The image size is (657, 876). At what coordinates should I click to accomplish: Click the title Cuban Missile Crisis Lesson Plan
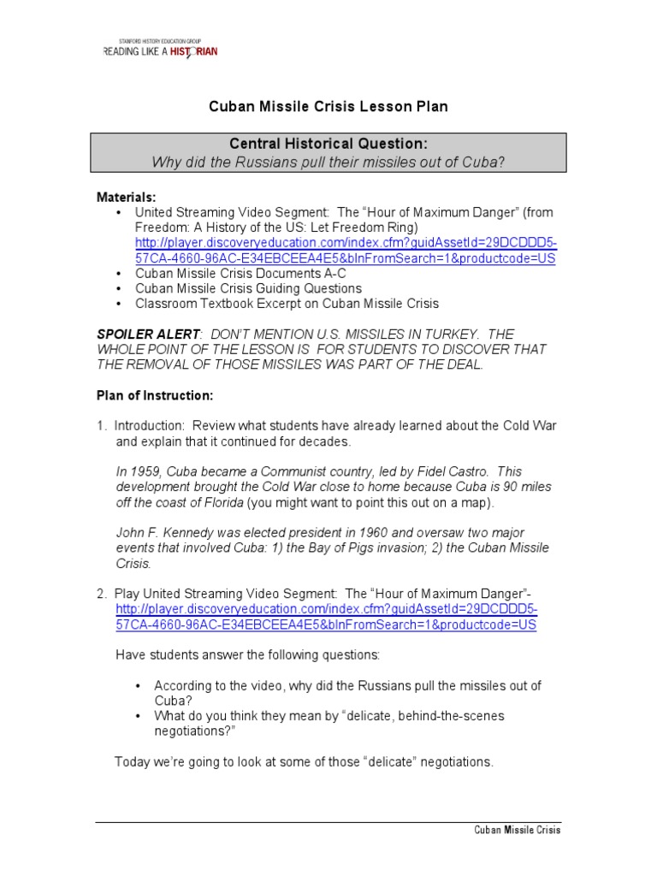tap(328, 107)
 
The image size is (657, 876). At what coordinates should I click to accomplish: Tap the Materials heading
tap(126, 198)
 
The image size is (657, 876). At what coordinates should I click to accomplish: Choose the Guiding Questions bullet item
tap(248, 289)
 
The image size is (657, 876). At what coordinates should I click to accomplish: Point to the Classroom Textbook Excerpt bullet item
tap(287, 304)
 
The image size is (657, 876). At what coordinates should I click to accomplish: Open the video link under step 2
tap(326, 617)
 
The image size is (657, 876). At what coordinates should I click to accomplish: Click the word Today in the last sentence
tap(133, 761)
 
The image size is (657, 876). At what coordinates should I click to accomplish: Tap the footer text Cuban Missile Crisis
tap(518, 830)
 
